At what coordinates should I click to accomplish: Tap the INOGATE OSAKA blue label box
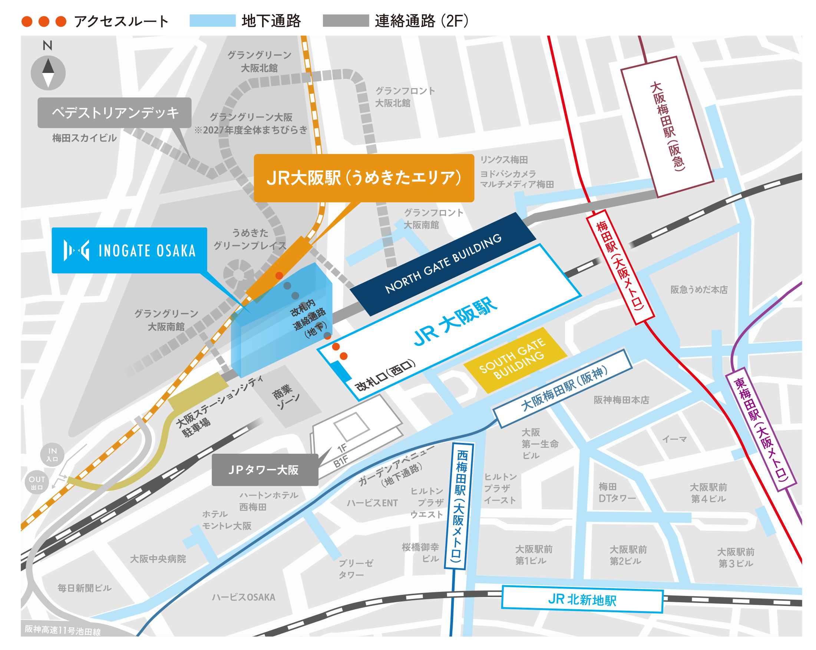coord(129,250)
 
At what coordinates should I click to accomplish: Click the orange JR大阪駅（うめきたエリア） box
coord(364,178)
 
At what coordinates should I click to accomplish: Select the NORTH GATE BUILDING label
coord(443,264)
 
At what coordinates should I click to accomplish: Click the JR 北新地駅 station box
coord(582,599)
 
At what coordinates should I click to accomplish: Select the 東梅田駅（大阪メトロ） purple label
coord(761,429)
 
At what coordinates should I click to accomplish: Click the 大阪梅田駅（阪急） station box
coord(667,127)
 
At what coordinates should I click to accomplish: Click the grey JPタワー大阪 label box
coord(265,470)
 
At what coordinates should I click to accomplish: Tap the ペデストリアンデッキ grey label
coord(114,113)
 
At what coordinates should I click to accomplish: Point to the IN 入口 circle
coord(52,454)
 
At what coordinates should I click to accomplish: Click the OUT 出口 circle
coord(37,482)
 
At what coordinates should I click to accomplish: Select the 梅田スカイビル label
coord(84,138)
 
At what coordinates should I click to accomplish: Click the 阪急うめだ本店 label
coord(699,290)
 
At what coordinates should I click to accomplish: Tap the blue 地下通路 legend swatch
coord(212,21)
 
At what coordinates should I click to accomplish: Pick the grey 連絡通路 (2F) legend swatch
coord(346,21)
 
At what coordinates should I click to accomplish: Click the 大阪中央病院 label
coord(158,559)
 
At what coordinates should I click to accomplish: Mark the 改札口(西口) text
coord(385,376)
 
